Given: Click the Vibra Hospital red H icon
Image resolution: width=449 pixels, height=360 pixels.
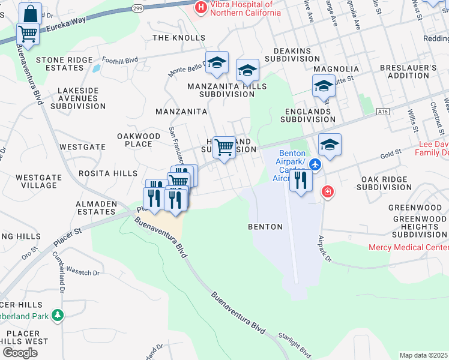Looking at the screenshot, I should tap(200, 8).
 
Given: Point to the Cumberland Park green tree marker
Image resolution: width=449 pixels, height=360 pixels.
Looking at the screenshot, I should tap(57, 314).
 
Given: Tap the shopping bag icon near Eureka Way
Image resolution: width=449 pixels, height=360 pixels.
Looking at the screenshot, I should tap(29, 13).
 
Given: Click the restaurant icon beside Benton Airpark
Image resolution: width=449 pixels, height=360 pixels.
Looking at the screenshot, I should tap(301, 179).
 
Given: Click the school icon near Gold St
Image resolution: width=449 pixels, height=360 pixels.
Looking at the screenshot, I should tap(330, 145).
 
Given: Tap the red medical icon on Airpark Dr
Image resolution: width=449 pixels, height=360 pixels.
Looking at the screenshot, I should tap(327, 192).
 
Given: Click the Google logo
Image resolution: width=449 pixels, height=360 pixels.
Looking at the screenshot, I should tap(20, 353).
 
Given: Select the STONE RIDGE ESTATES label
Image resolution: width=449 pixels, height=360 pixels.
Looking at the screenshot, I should tap(64, 64).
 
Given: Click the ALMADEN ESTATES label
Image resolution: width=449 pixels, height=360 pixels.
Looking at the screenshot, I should tap(96, 208).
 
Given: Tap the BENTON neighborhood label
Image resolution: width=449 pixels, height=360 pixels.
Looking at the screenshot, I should tap(265, 227).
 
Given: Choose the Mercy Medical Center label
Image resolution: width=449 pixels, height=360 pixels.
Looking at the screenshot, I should tap(408, 247).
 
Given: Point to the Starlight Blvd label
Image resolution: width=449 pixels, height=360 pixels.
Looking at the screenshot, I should tap(297, 346).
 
